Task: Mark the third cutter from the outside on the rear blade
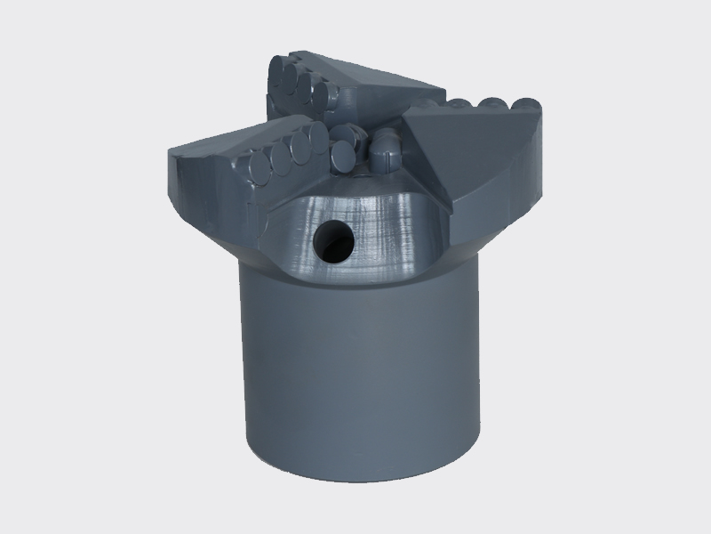coord(303,91)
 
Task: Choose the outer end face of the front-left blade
coord(200,191)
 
